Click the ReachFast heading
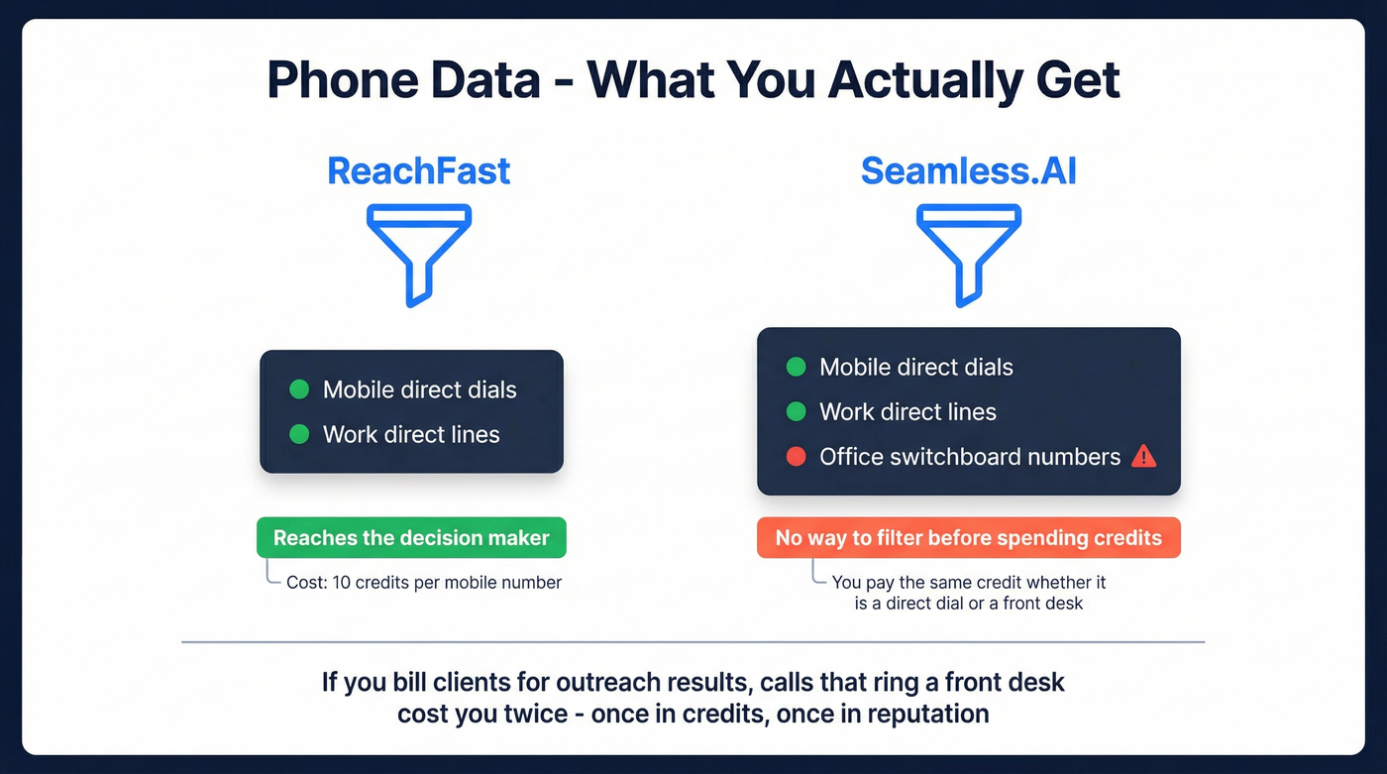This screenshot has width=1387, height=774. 418,170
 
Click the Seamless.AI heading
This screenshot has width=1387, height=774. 968,170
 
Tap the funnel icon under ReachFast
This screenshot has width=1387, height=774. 419,255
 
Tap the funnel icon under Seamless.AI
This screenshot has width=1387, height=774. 968,255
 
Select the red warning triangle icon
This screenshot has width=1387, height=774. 1143,456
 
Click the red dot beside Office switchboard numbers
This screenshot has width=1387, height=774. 795,457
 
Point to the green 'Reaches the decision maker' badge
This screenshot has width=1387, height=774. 411,538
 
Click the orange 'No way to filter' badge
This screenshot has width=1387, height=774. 968,538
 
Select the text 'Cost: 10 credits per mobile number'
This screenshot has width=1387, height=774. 424,583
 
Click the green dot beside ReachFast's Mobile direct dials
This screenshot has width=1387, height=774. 298,389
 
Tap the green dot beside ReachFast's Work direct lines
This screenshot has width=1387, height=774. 298,434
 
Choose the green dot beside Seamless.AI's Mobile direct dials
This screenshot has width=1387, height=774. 795,367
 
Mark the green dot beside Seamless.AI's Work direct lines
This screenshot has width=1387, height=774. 795,411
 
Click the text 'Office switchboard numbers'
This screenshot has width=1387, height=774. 969,457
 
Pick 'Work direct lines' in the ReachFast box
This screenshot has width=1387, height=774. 411,434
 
